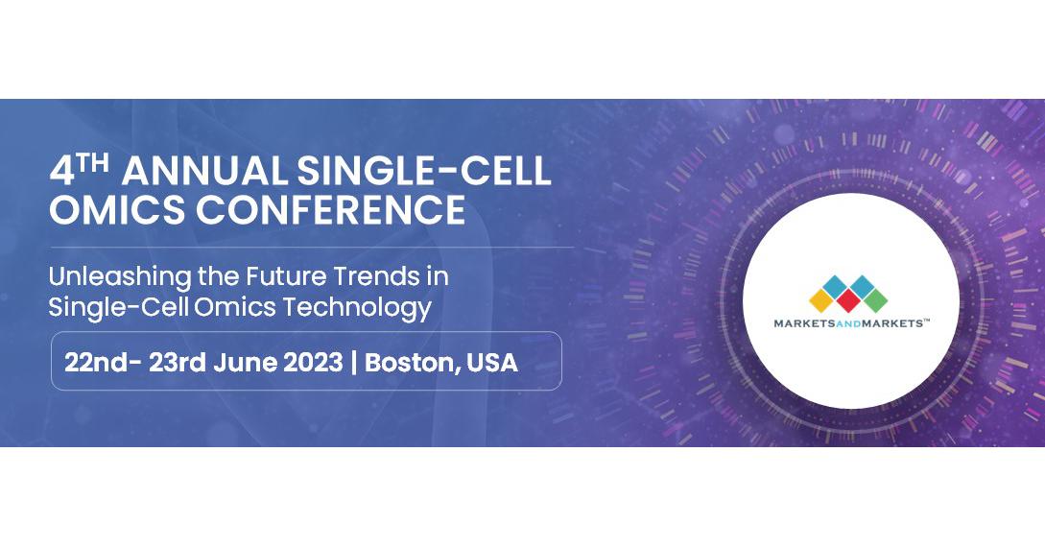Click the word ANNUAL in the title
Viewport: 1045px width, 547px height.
(x=204, y=171)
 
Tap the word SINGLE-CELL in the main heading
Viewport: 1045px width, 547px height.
(x=424, y=171)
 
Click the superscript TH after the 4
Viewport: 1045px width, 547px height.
(x=92, y=163)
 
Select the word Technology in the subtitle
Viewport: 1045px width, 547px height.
(x=357, y=308)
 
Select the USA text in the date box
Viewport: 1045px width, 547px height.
(x=492, y=363)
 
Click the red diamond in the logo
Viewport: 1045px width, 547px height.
(x=848, y=299)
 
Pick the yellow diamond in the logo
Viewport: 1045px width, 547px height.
(x=822, y=299)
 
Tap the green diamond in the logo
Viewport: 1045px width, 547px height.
(x=874, y=299)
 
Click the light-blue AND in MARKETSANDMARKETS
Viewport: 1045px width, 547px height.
(x=852, y=323)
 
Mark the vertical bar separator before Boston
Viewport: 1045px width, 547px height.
(x=354, y=363)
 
